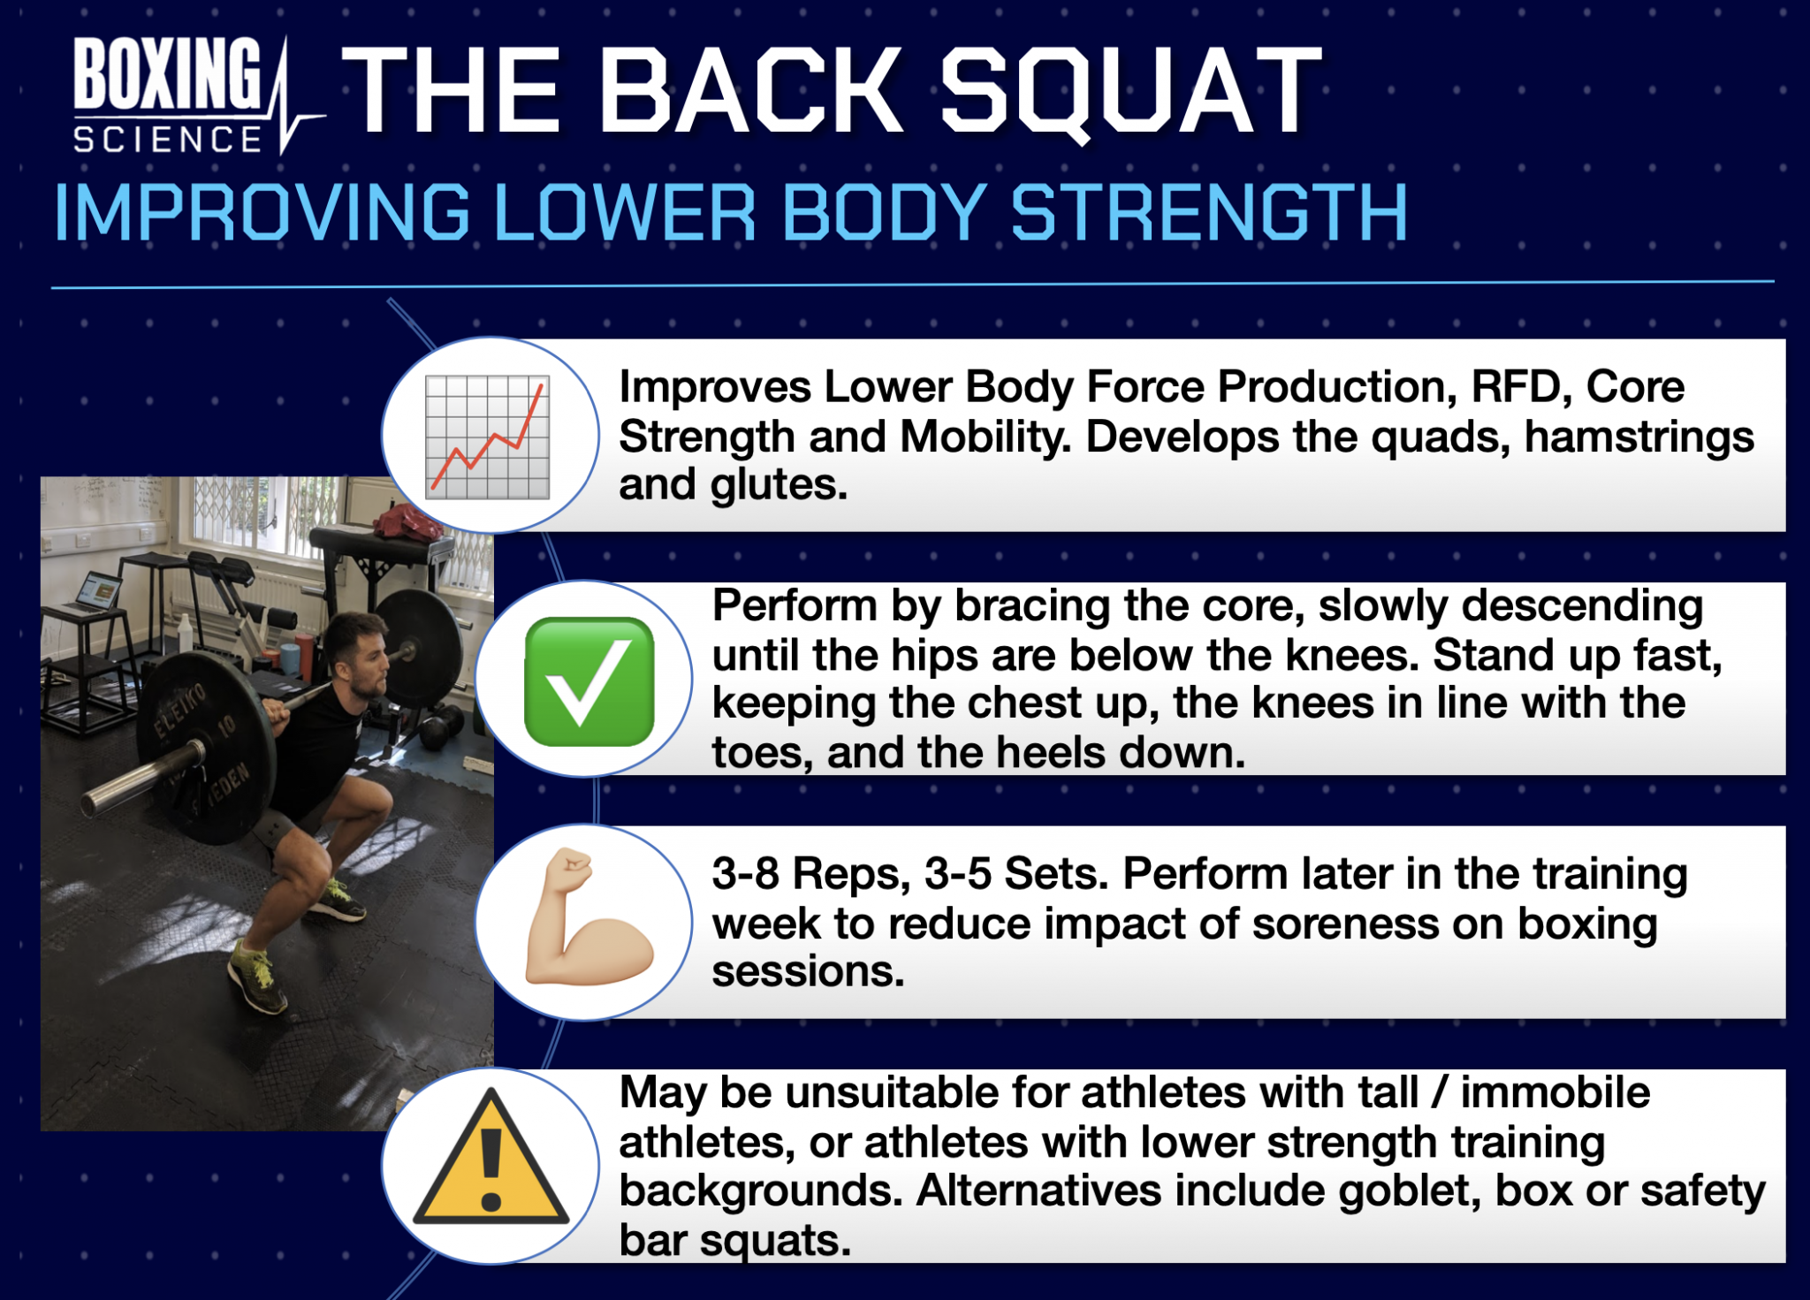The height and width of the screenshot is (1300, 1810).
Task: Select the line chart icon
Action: click(x=487, y=437)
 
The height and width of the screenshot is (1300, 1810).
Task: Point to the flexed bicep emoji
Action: click(x=586, y=919)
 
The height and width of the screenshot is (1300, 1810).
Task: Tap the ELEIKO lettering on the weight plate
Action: click(x=180, y=711)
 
